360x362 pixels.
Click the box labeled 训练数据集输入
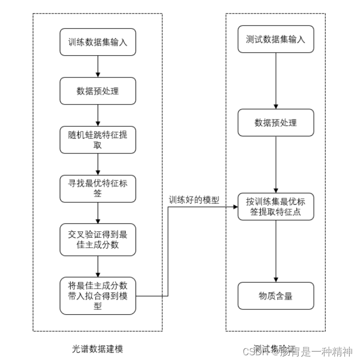[x=98, y=42]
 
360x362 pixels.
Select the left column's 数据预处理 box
[x=98, y=91]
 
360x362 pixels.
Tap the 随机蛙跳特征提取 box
[x=98, y=140]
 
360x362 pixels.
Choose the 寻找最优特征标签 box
[x=98, y=189]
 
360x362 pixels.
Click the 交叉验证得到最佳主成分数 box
[x=98, y=240]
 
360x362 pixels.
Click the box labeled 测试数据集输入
[x=276, y=39]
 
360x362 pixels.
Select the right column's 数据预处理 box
[x=276, y=123]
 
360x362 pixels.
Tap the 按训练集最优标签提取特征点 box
[x=276, y=207]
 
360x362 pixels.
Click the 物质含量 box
[x=276, y=296]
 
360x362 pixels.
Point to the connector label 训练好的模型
[x=194, y=199]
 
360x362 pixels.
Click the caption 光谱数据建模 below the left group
[x=98, y=348]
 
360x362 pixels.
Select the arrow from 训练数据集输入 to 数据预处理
[x=98, y=67]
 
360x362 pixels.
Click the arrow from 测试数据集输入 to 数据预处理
[x=276, y=81]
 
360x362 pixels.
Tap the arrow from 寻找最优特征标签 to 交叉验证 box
[x=98, y=213]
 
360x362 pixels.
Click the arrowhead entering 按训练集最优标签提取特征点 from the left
[x=235, y=207]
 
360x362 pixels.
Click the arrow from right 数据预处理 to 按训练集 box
[x=276, y=165]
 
